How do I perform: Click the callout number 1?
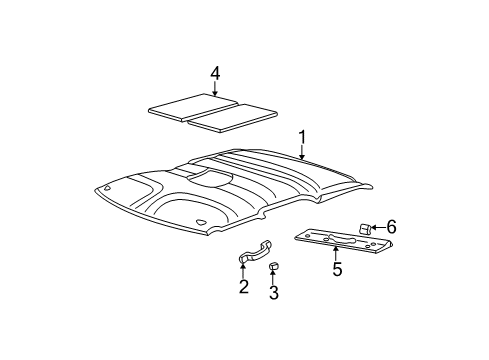(x=301, y=136)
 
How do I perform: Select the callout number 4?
(x=214, y=73)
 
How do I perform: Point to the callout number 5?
(x=337, y=269)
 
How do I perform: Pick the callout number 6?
(x=391, y=228)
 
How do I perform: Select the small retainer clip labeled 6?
(x=368, y=229)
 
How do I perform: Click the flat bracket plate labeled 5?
(x=335, y=241)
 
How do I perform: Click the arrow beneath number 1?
(x=301, y=152)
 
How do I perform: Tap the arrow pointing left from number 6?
(x=378, y=229)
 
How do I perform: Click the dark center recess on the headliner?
(x=209, y=179)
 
